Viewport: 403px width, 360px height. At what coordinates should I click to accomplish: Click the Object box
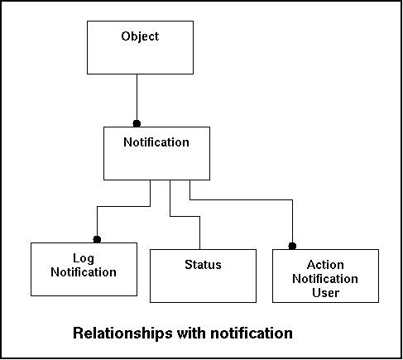(140, 47)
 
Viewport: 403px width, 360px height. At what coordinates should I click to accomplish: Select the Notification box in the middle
(156, 153)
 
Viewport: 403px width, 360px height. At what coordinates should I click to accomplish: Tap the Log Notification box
(84, 269)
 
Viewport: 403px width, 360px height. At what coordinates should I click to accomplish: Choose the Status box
(203, 276)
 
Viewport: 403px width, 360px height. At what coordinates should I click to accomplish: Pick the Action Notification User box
(325, 276)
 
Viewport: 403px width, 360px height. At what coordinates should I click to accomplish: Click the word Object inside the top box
(140, 36)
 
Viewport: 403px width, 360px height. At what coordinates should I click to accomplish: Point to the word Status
(203, 265)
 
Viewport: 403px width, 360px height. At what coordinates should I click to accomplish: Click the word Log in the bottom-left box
(84, 258)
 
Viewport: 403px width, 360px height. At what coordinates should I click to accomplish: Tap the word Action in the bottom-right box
(325, 265)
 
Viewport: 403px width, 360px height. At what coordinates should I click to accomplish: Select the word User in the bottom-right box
(326, 293)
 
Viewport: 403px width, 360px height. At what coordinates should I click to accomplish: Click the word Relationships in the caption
(122, 334)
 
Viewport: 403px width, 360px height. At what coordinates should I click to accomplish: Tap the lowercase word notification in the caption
(252, 333)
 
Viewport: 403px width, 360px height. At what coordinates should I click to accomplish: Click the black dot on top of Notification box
(137, 123)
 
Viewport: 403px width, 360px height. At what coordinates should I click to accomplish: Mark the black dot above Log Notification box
(97, 239)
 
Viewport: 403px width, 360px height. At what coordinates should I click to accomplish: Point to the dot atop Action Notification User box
(292, 246)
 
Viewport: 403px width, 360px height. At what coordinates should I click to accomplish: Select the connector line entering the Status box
(185, 217)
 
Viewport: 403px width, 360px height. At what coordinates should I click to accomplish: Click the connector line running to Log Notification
(123, 206)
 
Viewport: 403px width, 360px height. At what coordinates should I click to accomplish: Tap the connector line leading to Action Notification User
(241, 199)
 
